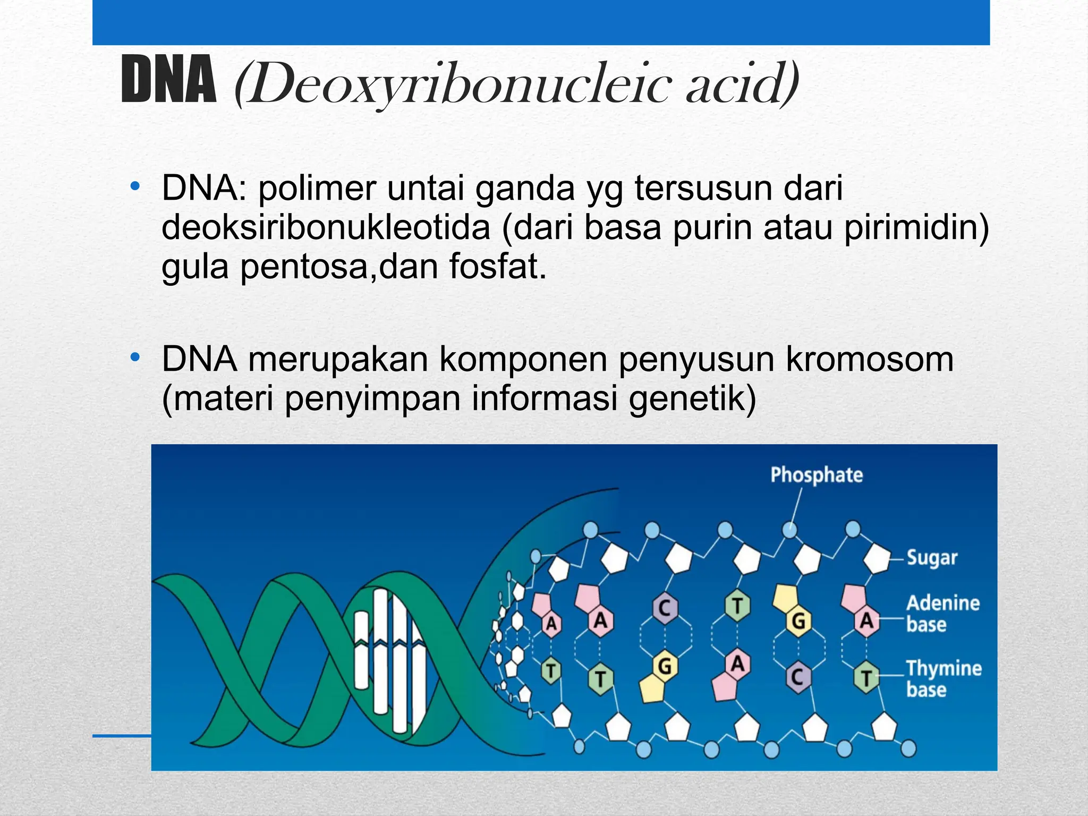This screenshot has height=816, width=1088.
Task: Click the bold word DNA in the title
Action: point(169,81)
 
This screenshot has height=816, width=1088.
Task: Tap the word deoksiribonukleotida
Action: point(326,228)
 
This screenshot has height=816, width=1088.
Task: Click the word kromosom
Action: point(870,360)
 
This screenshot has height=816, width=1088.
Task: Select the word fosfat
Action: point(498,267)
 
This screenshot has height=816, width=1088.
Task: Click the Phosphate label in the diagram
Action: point(817,475)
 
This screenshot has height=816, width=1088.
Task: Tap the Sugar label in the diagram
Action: point(932,558)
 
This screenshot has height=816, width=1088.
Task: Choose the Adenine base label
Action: point(942,613)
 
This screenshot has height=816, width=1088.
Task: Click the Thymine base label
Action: point(943,678)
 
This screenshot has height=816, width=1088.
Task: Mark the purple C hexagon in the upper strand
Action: point(664,607)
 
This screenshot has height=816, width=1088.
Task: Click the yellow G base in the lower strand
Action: point(665,666)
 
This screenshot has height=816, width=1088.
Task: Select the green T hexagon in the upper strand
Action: point(737,606)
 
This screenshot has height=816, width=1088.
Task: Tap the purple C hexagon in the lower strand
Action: point(797,677)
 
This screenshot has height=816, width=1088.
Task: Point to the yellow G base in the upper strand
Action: point(798,620)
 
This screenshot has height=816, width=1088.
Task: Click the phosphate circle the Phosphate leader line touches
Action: point(790,530)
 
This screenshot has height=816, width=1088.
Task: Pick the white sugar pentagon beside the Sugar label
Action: point(877,559)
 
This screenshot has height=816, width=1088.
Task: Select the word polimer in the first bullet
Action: point(317,189)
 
